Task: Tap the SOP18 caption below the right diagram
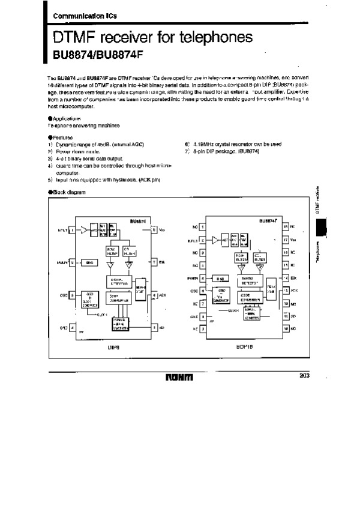(x=244, y=347)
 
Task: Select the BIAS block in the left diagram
(x=89, y=262)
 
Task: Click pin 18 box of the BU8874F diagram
(x=286, y=226)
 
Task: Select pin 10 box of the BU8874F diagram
(x=286, y=329)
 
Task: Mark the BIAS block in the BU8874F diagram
(x=221, y=279)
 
